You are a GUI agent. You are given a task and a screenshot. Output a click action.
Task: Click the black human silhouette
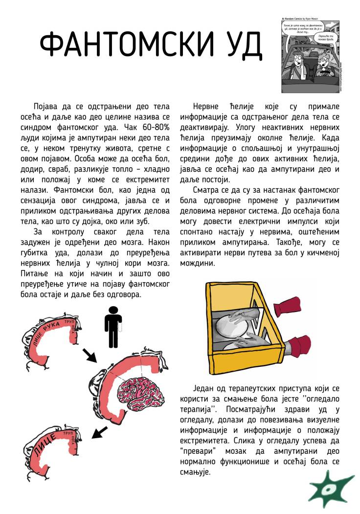click(x=113, y=323)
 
